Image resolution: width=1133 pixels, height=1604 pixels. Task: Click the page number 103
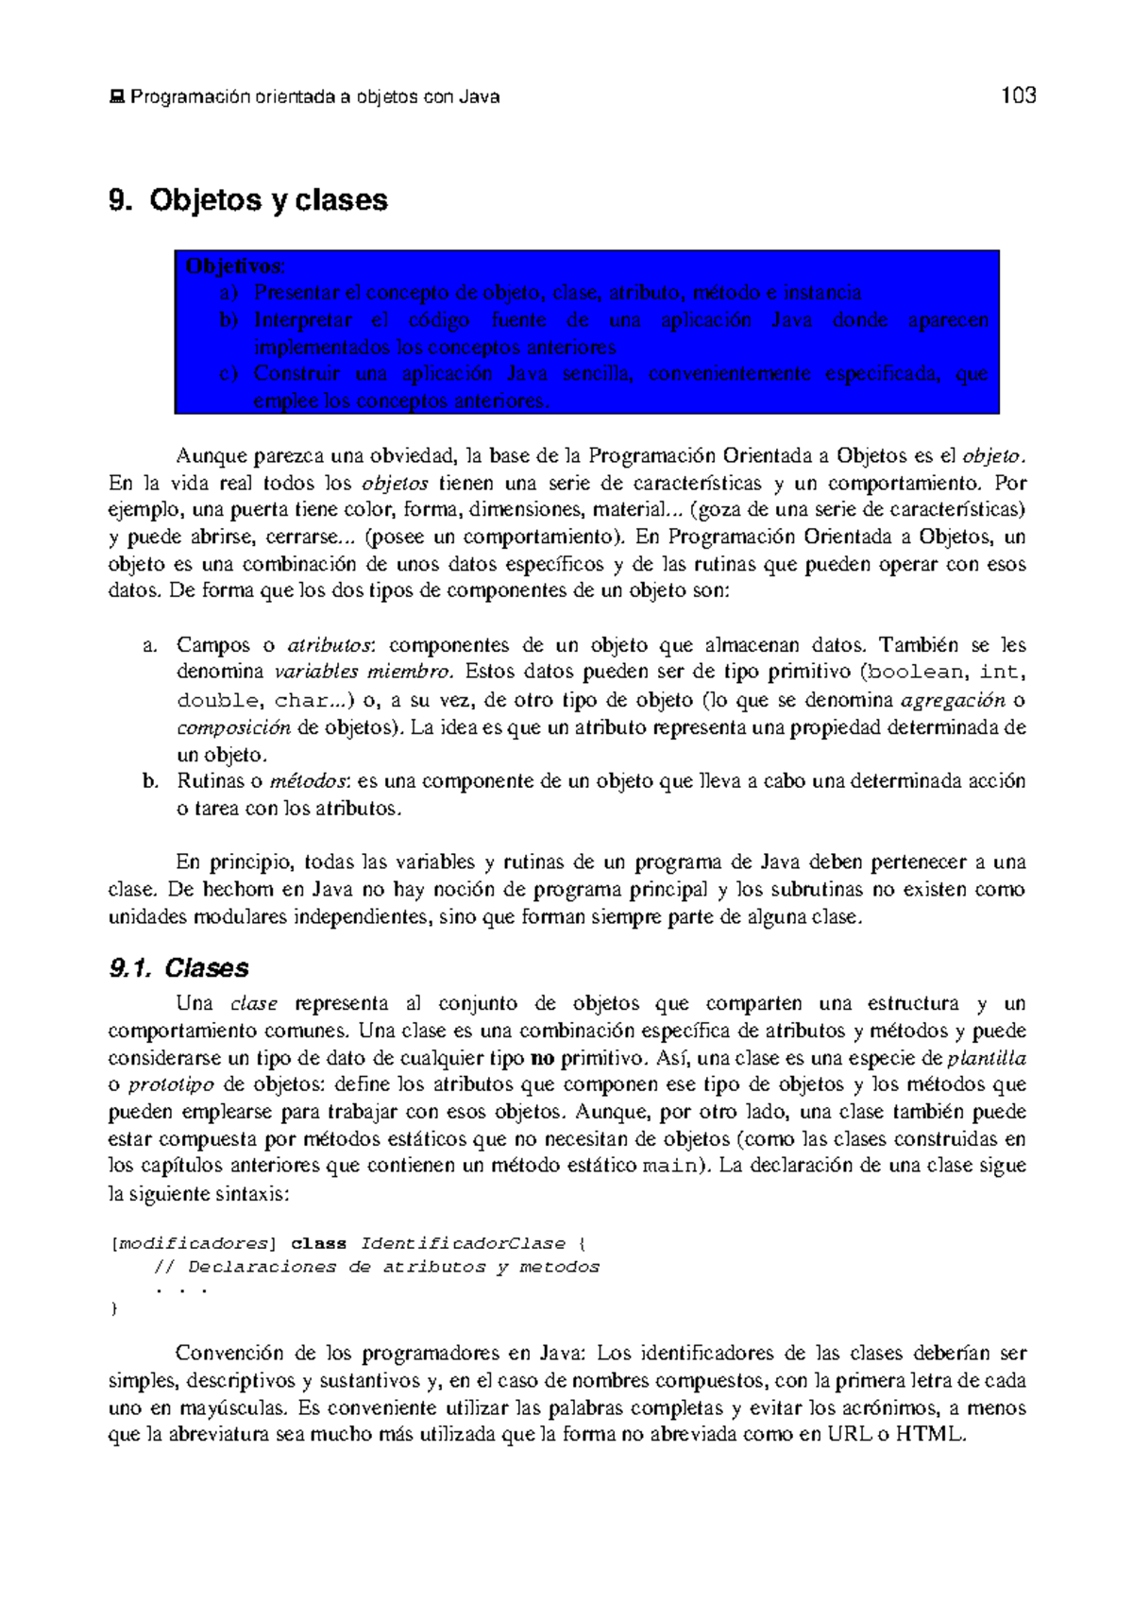pos(1018,95)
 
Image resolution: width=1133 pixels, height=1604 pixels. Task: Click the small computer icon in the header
pos(117,96)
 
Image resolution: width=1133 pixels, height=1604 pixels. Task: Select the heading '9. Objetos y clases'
pos(248,200)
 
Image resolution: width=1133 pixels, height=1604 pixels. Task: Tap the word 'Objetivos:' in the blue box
pos(235,265)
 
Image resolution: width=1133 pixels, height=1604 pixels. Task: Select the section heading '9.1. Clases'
pos(178,968)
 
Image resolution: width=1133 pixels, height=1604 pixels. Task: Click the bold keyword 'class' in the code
pos(318,1243)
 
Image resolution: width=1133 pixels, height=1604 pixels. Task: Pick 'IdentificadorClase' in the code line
pos(463,1243)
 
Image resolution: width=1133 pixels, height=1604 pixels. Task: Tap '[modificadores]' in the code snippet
pos(194,1243)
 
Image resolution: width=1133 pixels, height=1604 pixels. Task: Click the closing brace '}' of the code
pos(114,1309)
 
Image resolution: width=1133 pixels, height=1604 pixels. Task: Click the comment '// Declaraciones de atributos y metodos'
pos(377,1267)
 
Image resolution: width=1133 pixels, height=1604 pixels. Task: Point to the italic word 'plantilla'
pos(986,1058)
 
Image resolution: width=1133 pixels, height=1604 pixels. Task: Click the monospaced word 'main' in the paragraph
pos(668,1167)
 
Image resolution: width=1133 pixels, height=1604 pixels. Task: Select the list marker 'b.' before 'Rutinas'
pos(149,781)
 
